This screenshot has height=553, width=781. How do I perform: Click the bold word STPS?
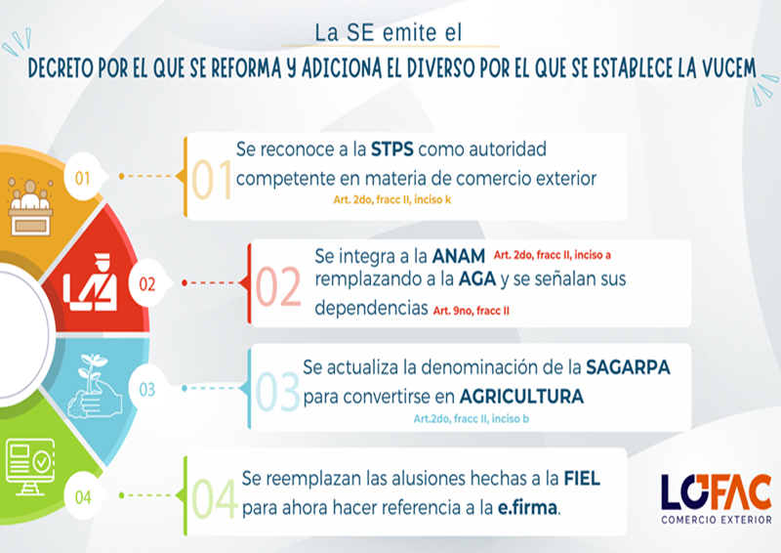[x=392, y=149]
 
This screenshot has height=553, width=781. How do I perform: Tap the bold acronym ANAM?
[x=459, y=256]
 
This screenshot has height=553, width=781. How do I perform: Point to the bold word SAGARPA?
[x=628, y=367]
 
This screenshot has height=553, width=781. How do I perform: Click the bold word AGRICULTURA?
[x=521, y=397]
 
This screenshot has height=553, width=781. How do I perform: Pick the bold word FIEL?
[x=582, y=479]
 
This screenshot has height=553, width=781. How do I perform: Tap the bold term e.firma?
[x=527, y=508]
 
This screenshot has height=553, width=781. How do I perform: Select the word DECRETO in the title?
[x=61, y=68]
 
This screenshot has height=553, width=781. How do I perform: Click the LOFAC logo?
[x=717, y=498]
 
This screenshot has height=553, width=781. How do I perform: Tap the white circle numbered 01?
[x=83, y=177]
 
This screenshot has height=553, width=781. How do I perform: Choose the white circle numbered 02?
[x=147, y=283]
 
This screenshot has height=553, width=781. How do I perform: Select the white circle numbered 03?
[x=147, y=389]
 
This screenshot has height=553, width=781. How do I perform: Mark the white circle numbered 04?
[x=83, y=496]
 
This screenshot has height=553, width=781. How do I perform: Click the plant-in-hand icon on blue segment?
[x=95, y=386]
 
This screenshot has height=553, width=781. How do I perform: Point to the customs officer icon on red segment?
[x=91, y=282]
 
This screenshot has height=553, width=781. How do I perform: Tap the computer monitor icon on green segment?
[x=30, y=467]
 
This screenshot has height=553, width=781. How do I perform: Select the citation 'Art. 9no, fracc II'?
[x=472, y=311]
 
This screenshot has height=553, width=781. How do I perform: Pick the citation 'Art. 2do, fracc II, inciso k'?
[x=392, y=200]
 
